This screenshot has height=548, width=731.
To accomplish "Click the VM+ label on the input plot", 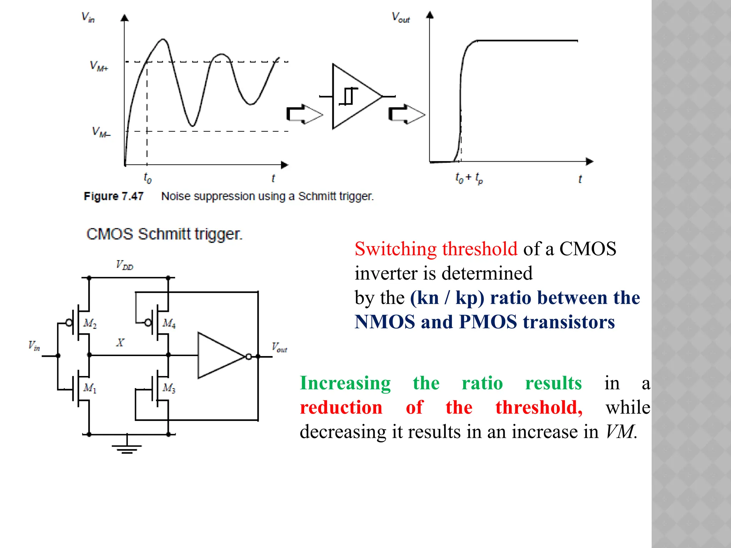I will click(x=99, y=66).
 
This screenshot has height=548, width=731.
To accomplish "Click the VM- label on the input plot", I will click(x=101, y=132).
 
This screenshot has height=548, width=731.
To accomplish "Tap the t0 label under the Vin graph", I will click(x=147, y=178).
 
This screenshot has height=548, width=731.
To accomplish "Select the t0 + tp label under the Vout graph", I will click(x=469, y=178).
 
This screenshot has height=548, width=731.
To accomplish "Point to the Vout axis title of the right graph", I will click(x=401, y=17).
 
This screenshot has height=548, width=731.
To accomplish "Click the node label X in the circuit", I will click(x=120, y=343).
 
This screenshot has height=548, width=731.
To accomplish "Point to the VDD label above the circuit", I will click(x=125, y=265).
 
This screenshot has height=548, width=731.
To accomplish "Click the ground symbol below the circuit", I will click(x=127, y=448).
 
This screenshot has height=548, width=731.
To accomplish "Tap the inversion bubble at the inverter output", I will click(x=248, y=356).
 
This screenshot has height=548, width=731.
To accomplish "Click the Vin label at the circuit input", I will click(x=34, y=346).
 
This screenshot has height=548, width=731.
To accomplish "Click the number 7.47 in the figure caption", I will click(x=132, y=196).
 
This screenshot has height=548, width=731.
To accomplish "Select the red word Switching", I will click(x=395, y=249).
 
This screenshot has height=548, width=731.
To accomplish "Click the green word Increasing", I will click(x=345, y=384).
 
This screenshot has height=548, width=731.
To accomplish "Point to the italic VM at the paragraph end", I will click(x=620, y=432).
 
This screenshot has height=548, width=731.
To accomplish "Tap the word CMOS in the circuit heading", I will click(x=110, y=234).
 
